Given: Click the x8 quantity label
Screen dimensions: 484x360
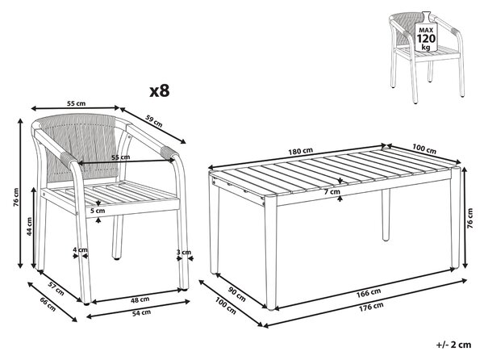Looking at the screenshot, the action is tap(160, 91).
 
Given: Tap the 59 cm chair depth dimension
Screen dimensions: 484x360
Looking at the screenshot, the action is tap(154, 121).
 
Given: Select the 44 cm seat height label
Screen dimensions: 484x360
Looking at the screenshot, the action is tap(29, 226).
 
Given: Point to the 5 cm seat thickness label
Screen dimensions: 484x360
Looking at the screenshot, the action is tap(98, 211).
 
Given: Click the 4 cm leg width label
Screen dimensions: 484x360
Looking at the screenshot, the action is tap(80, 249).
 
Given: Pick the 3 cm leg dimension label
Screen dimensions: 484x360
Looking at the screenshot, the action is tap(184, 253).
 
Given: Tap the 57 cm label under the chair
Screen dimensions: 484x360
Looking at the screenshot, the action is tap(56, 289).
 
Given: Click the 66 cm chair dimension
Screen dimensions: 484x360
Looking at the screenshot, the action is tap(48, 304).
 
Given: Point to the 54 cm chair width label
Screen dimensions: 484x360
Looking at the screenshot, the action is tap(141, 312).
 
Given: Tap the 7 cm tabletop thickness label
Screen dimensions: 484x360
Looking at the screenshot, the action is tap(332, 192).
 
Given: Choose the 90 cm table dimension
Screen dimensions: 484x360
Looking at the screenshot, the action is tap(237, 295).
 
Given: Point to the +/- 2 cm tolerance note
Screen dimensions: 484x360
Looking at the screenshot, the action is tap(454, 345).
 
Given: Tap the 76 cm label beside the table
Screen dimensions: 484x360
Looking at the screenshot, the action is tap(469, 218).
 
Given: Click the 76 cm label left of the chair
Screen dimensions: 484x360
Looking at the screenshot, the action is tap(17, 197).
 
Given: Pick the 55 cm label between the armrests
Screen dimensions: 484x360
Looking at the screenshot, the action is tap(121, 157).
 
